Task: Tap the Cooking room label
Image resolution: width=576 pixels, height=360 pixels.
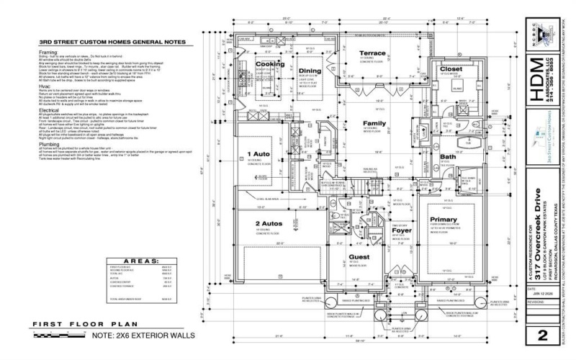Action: (x=270, y=64)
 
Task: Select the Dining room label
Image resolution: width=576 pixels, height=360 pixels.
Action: (x=310, y=71)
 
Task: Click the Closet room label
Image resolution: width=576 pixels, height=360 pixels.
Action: (x=451, y=70)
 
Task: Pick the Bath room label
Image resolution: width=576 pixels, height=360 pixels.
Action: (x=448, y=156)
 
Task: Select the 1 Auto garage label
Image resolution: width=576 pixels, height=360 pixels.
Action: (x=258, y=154)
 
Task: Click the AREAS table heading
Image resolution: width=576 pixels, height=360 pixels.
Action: (x=131, y=260)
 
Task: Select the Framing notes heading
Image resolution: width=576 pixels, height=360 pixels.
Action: (x=48, y=53)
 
